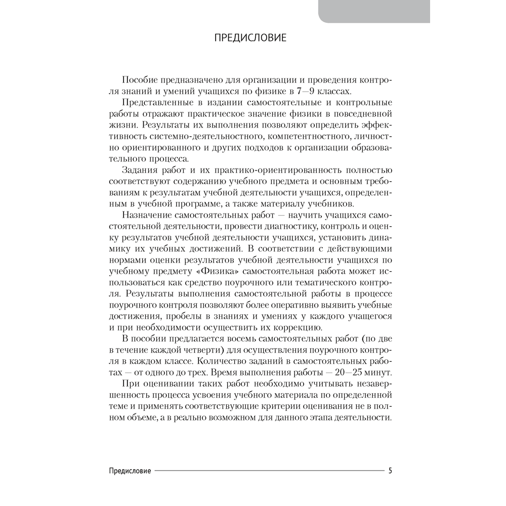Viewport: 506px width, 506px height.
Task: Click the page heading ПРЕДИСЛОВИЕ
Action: tap(250, 38)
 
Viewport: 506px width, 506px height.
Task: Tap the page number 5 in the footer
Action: tap(390, 470)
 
